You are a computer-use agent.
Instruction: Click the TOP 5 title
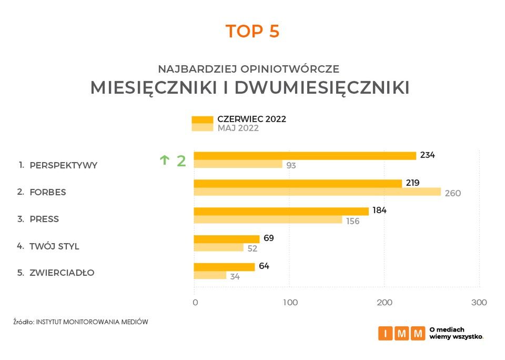[252, 32]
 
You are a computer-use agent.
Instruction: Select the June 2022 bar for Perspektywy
[305, 156]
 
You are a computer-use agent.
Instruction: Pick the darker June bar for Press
[281, 211]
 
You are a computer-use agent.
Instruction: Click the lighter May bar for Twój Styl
[219, 247]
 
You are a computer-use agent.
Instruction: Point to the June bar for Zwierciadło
[224, 267]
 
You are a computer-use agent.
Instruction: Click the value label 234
[428, 155]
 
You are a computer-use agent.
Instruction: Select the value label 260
[452, 193]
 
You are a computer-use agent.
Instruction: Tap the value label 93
[291, 165]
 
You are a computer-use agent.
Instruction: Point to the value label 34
[235, 276]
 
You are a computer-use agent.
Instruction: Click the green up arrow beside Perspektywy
[165, 161]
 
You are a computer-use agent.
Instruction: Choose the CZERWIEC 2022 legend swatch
[203, 119]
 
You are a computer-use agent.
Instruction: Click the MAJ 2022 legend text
[238, 128]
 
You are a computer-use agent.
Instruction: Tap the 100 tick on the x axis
[290, 303]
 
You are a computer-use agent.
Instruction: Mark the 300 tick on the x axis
[479, 303]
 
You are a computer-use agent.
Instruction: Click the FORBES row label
[48, 192]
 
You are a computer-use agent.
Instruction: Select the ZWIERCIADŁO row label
[62, 273]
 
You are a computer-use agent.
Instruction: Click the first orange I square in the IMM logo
[385, 333]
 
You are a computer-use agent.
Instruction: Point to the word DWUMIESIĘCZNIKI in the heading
[322, 88]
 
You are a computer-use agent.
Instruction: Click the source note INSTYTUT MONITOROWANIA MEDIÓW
[92, 321]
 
